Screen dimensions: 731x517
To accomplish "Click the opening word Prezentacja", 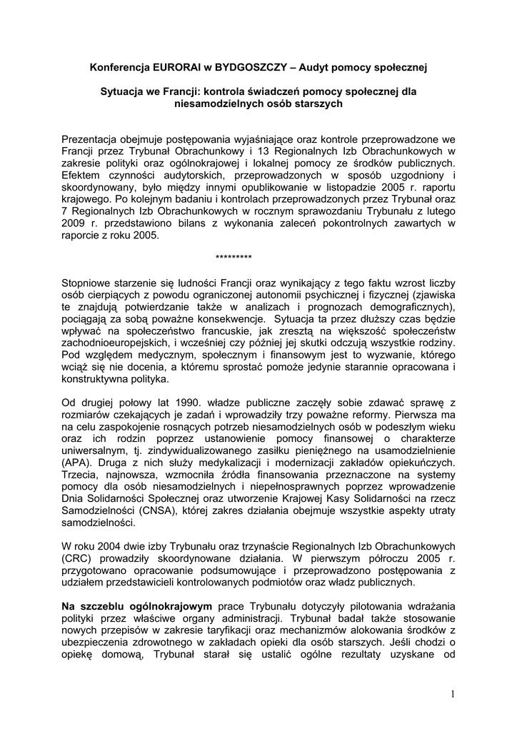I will [92, 138].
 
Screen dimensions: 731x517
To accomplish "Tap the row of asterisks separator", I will [233, 257].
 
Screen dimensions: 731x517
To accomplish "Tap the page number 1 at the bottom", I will [453, 693].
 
